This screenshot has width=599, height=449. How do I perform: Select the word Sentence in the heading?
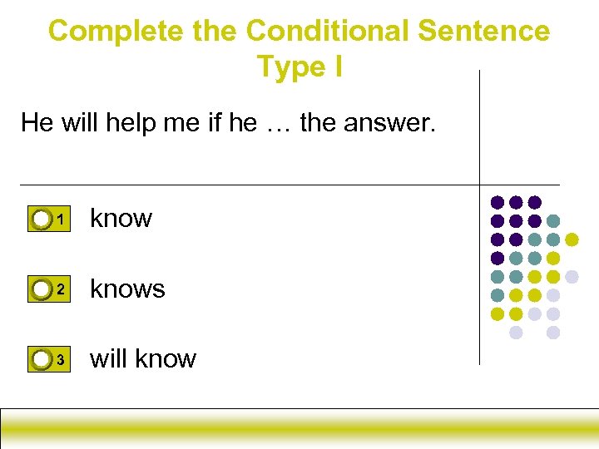pyautogui.click(x=484, y=32)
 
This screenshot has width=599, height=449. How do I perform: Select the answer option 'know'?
pyautogui.click(x=121, y=218)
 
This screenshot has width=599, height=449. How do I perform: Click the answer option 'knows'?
pyautogui.click(x=127, y=289)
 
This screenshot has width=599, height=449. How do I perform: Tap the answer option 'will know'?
pyautogui.click(x=143, y=358)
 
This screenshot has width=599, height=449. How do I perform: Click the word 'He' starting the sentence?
pyautogui.click(x=37, y=123)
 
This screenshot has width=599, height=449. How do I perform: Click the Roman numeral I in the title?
pyautogui.click(x=337, y=67)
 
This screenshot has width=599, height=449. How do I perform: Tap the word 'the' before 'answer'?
pyautogui.click(x=317, y=123)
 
